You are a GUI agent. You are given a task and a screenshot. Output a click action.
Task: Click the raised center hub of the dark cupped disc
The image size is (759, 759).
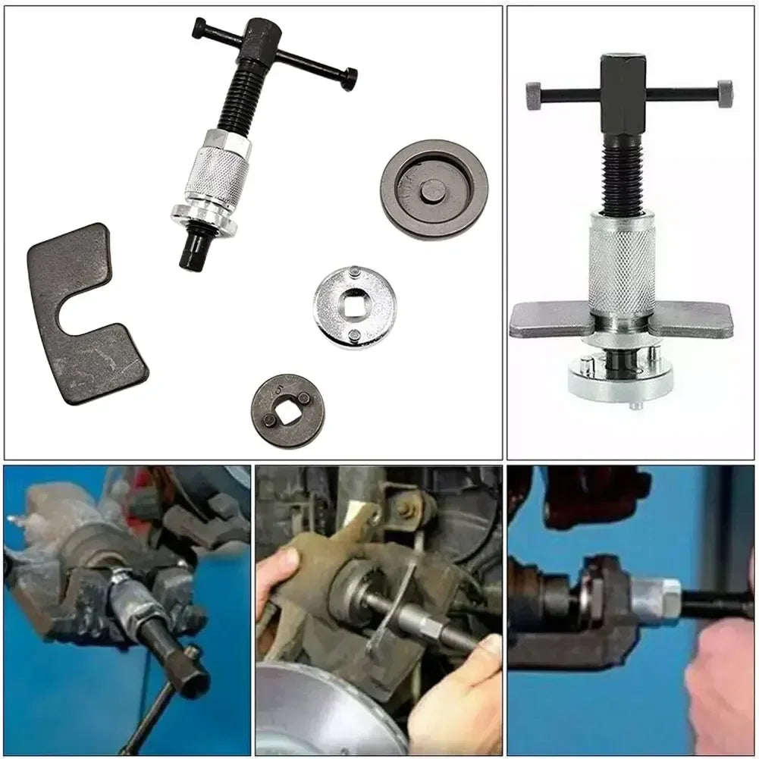(x=433, y=190)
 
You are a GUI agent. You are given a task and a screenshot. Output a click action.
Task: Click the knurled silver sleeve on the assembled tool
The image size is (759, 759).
(x=622, y=265)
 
